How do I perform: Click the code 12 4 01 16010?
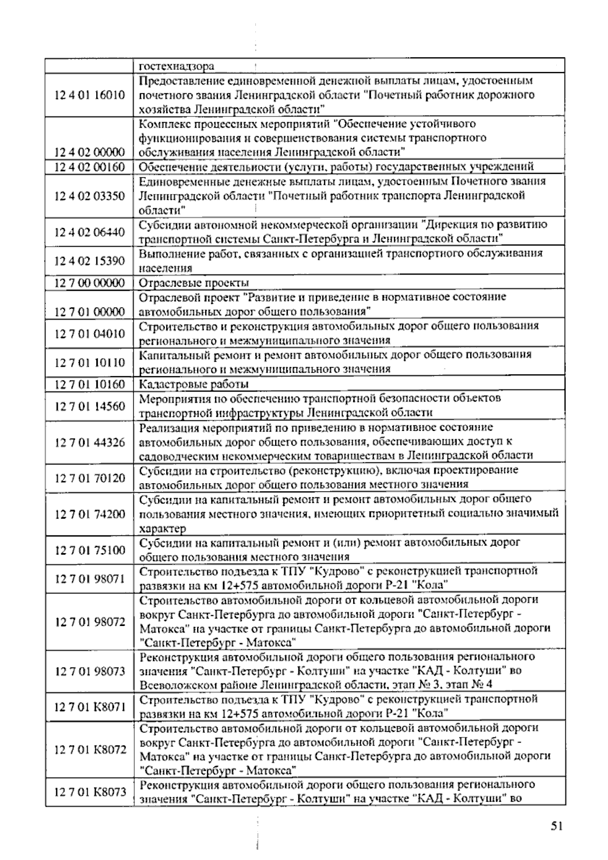pos(90,95)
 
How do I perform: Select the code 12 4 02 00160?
pos(90,167)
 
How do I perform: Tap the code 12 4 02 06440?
pos(90,232)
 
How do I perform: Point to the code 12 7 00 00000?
pos(90,283)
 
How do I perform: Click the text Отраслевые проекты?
pos(194,283)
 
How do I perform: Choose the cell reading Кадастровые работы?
pos(194,384)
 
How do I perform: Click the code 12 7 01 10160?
pos(90,384)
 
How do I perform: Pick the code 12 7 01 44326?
pos(90,443)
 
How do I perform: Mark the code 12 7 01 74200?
pos(90,515)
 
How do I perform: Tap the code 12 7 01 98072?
pos(90,622)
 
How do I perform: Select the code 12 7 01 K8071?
pos(90,707)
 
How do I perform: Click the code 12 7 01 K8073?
pos(90,792)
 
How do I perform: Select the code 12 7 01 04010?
pos(90,333)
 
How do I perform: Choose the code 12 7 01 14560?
pos(90,406)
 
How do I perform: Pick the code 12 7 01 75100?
pos(90,550)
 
